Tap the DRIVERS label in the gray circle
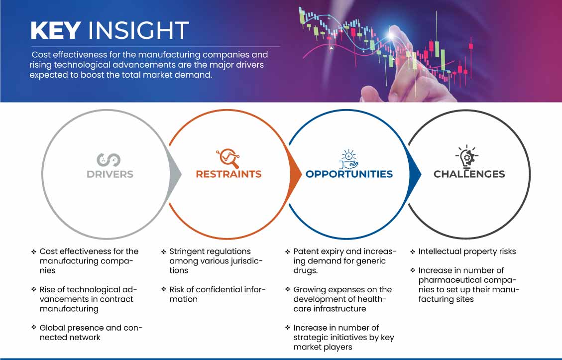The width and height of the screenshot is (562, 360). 110,174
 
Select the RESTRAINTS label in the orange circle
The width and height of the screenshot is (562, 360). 228,174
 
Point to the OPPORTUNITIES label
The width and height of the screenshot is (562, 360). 349,174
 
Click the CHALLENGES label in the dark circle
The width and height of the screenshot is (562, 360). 469,174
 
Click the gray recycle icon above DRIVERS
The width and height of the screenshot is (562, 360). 108,160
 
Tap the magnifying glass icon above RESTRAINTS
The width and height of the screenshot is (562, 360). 228,158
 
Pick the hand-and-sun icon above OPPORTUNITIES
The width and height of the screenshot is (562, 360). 349,159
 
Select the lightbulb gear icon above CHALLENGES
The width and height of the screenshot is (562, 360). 467,157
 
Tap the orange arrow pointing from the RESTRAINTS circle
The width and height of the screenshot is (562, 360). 295,175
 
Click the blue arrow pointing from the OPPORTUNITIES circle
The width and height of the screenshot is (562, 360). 415,175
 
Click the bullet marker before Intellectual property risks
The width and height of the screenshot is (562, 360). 413,252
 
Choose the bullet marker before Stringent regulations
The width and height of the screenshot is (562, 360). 163,252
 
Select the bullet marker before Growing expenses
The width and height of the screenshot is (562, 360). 287,290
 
